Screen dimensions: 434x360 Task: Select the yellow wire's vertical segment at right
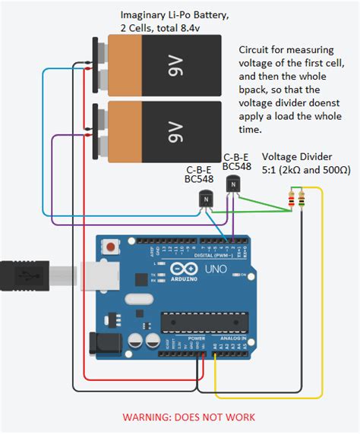(x=322, y=288)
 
